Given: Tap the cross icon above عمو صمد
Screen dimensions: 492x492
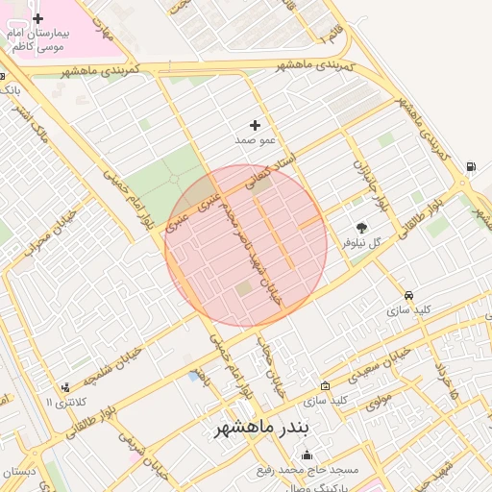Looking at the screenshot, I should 255,125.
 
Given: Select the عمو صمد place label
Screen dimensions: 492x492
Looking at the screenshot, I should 255,140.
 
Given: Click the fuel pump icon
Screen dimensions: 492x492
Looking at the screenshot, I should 470,166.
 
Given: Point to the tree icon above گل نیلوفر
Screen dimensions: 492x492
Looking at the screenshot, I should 361,229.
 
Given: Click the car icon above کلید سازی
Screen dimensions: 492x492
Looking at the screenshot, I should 409,295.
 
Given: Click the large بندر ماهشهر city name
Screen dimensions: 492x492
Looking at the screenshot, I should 262,428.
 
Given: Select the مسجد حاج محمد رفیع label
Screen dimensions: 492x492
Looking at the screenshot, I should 307,470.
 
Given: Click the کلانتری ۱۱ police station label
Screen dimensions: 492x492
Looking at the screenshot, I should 66,402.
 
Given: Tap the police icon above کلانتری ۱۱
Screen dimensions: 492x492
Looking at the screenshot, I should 65,387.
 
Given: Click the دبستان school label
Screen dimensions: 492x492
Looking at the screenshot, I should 19,472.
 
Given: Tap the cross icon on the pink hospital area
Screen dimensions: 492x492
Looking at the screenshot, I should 37,18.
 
